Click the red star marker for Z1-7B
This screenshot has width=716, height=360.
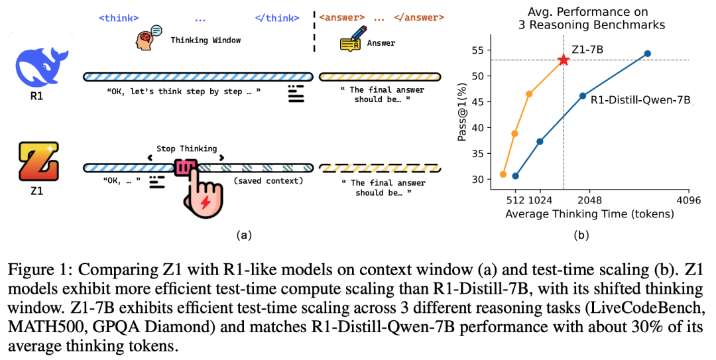click(x=564, y=60)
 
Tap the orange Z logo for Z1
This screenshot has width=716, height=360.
click(x=38, y=162)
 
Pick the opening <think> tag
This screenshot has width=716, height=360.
click(x=118, y=17)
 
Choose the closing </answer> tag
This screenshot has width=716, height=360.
click(x=418, y=17)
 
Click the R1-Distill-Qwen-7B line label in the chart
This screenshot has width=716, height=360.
click(x=640, y=101)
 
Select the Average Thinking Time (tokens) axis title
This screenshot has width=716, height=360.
click(x=589, y=214)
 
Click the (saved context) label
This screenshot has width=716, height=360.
click(x=268, y=180)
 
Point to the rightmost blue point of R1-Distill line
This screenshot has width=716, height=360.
click(x=648, y=54)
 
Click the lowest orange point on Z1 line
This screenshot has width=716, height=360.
click(x=503, y=174)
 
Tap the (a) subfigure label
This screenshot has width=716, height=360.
click(x=243, y=234)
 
